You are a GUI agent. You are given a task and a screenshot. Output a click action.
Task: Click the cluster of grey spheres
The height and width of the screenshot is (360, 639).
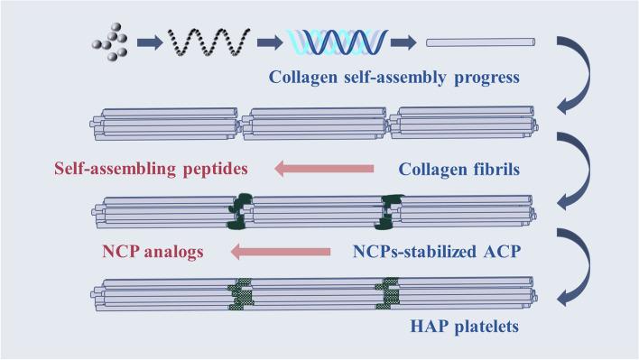(109, 42)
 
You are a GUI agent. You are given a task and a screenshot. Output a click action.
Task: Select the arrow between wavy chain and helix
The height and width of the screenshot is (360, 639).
(267, 42)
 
